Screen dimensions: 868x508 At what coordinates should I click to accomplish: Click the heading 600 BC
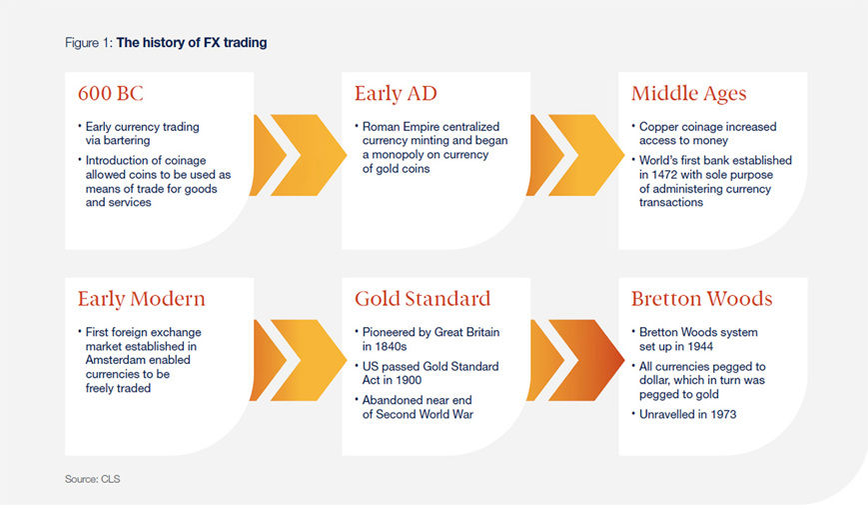click(x=111, y=93)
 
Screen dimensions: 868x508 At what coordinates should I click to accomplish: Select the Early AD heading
click(x=396, y=94)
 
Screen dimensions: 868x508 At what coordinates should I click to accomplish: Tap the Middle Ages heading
click(x=688, y=94)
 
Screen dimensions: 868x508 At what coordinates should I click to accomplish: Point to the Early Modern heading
click(x=141, y=299)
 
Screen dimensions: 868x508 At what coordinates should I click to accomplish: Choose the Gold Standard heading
click(x=423, y=299)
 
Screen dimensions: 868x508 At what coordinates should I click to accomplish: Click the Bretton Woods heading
click(x=701, y=299)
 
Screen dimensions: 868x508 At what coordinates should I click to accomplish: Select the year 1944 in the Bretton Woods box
click(x=700, y=347)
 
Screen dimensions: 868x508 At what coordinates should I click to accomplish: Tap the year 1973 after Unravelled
click(x=723, y=414)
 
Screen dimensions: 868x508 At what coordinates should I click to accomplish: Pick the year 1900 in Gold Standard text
click(x=409, y=381)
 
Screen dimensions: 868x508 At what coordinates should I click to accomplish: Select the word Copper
click(x=657, y=127)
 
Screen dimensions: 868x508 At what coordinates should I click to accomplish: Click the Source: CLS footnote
click(x=93, y=479)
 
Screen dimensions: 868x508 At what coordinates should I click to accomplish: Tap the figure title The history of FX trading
click(x=192, y=43)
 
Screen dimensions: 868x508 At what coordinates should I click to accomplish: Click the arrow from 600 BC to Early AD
click(x=299, y=155)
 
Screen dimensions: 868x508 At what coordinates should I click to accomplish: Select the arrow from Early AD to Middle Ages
click(x=575, y=155)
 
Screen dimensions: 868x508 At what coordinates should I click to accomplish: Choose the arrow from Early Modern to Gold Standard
click(x=299, y=360)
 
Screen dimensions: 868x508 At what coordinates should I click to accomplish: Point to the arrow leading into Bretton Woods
click(x=575, y=360)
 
